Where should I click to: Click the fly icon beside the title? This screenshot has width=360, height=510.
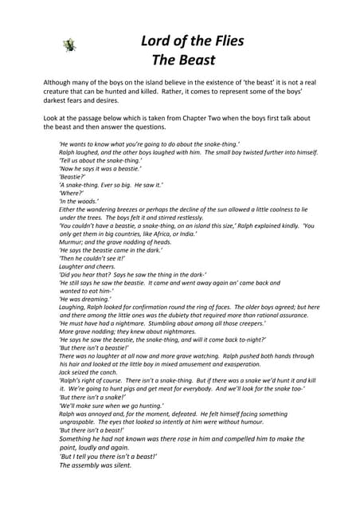(x=69, y=45)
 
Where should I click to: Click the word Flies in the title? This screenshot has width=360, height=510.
(x=222, y=41)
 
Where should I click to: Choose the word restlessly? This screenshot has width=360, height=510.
(x=184, y=217)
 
